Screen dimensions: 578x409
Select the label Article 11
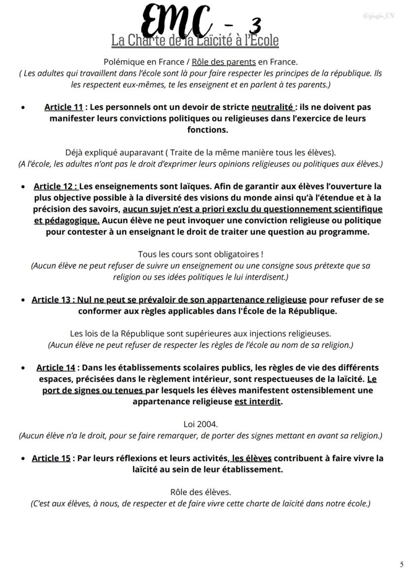point(63,107)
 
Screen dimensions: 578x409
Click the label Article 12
point(55,187)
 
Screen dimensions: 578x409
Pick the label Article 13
point(51,300)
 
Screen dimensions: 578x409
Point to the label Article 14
point(56,368)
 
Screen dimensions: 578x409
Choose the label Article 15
point(51,458)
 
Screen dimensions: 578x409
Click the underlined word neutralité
point(272,107)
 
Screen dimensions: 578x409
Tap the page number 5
point(402,564)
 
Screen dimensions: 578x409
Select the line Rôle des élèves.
point(201,492)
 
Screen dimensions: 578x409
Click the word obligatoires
point(234,254)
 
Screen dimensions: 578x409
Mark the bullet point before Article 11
point(23,107)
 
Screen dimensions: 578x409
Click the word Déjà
point(75,153)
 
